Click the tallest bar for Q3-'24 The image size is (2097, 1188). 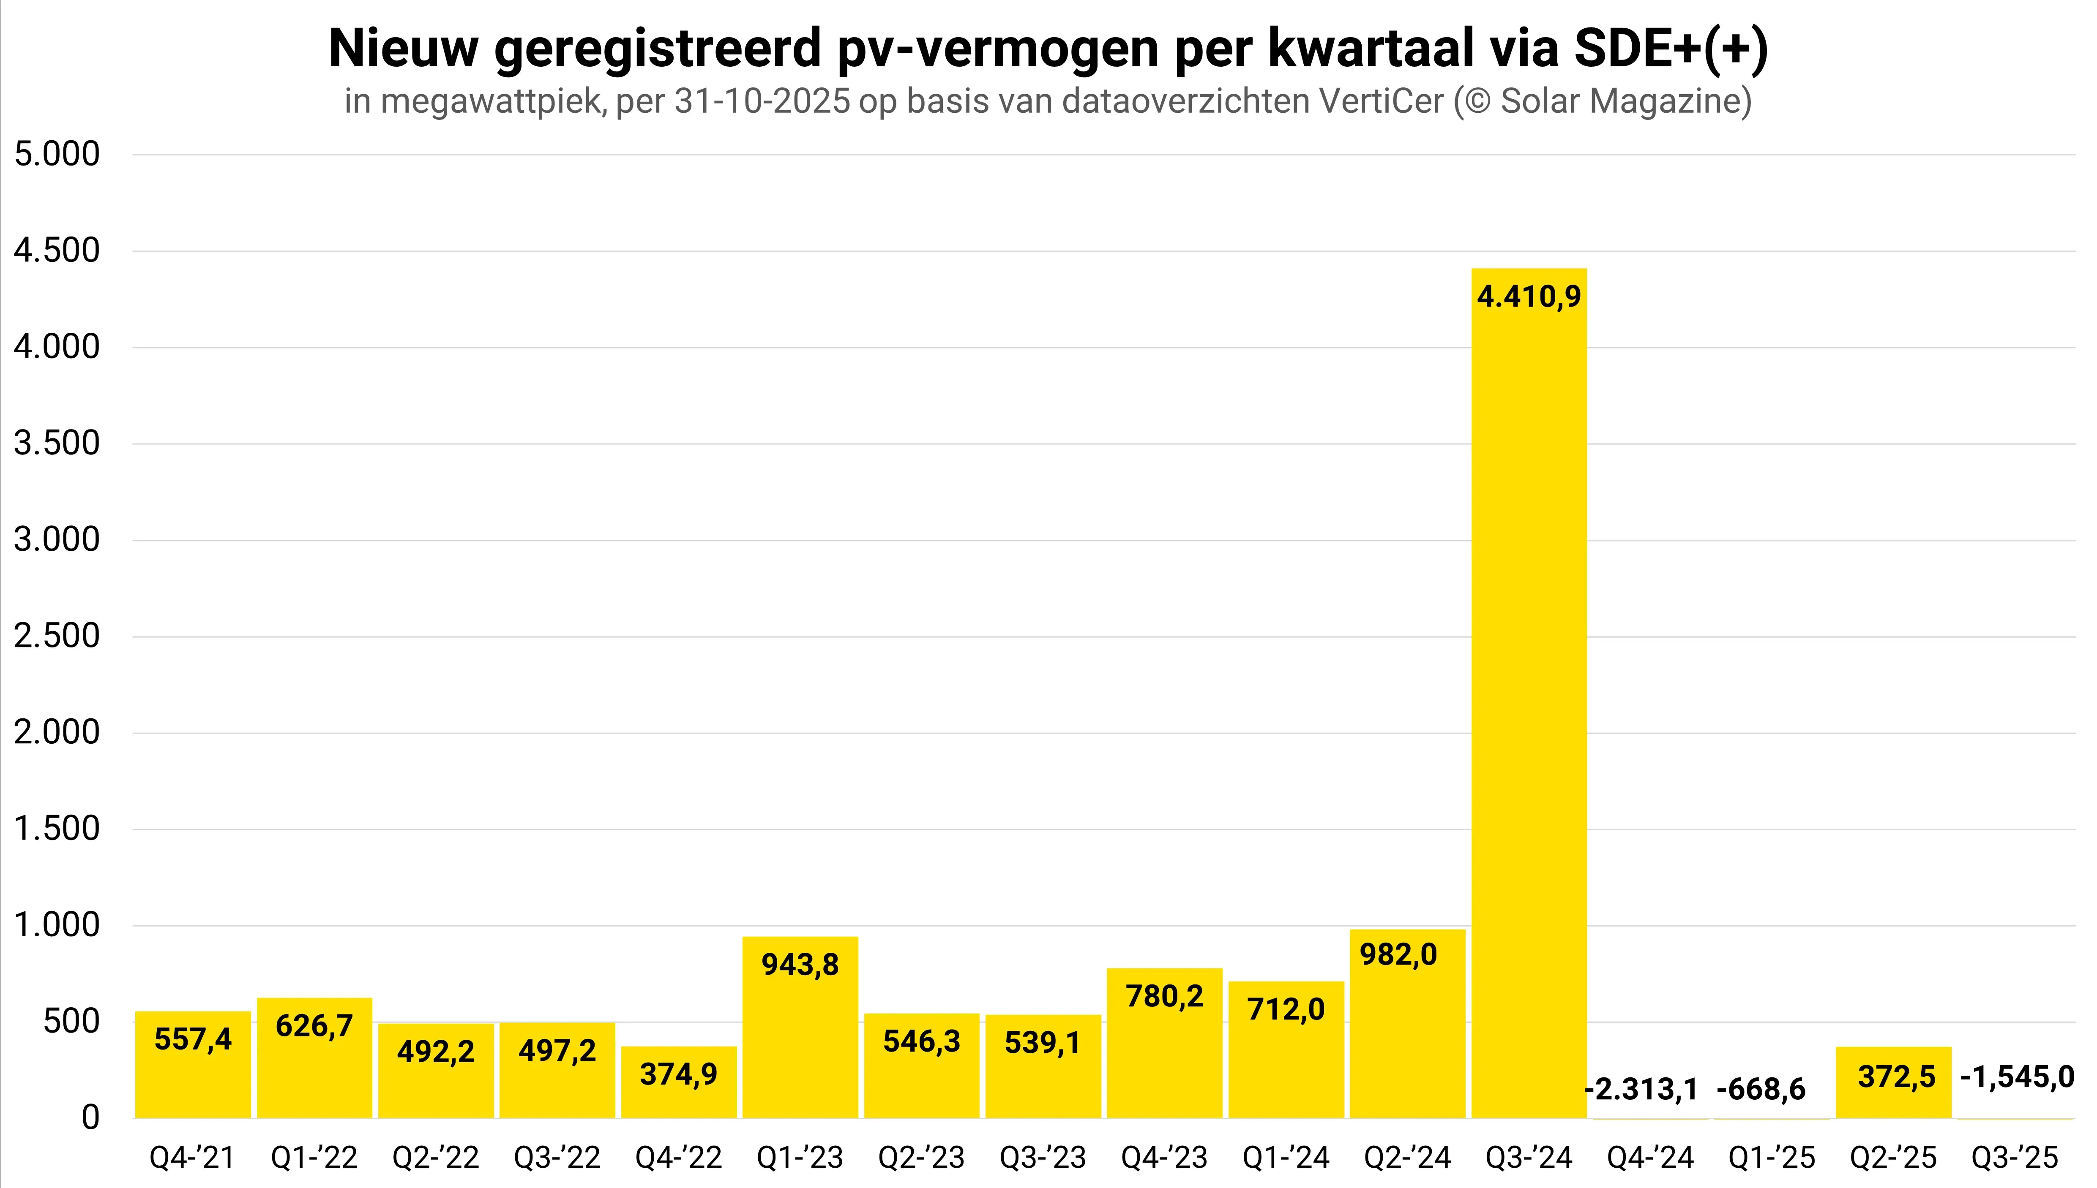[1529, 693]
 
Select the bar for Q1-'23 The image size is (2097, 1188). [800, 1028]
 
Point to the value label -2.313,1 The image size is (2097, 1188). [1641, 1089]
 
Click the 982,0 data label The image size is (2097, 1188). [1398, 954]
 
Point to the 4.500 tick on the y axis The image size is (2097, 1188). [57, 250]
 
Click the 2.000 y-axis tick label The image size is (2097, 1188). [57, 732]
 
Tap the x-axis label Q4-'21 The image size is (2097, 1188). [193, 1157]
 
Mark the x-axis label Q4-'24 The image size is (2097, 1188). [1650, 1157]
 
